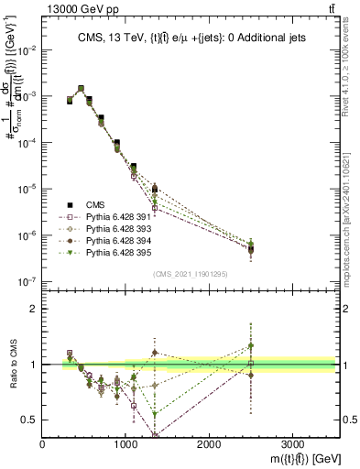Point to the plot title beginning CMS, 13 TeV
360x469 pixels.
coord(190,37)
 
